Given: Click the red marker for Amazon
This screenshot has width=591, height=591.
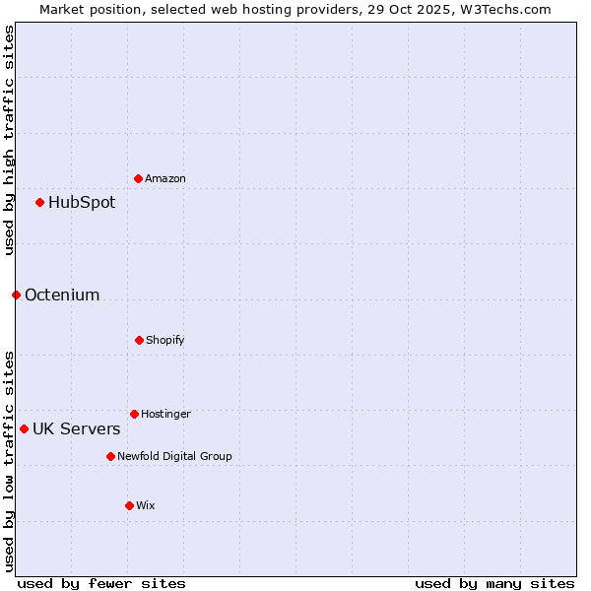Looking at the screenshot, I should [x=139, y=178].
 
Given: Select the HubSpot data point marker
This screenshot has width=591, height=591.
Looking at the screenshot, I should [x=40, y=202].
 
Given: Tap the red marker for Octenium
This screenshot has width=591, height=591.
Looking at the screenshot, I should [x=16, y=295].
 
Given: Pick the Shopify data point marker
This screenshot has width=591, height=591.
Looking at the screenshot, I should [x=139, y=340].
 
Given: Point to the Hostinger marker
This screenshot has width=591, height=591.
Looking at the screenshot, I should [x=134, y=414].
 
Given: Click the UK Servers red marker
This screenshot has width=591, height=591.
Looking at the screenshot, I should [x=24, y=428].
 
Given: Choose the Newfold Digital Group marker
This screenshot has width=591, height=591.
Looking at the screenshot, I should [x=110, y=456].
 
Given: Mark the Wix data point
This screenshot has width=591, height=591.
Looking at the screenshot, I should [x=129, y=505].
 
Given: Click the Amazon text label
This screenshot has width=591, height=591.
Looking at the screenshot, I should [x=165, y=178].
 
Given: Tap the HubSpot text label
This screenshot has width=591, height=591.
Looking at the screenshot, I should [x=82, y=203].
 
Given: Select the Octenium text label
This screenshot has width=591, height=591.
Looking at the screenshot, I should [x=62, y=295].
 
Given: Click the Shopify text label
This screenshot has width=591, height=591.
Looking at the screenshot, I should [x=165, y=340].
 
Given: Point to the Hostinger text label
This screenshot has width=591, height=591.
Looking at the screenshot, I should [x=165, y=414].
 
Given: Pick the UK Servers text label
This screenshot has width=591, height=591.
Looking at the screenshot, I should [x=77, y=428].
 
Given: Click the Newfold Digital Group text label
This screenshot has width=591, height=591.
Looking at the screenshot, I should [x=174, y=456].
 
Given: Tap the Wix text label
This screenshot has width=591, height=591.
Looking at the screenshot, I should [x=146, y=505].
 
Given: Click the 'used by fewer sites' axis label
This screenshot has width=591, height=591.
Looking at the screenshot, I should [x=101, y=584].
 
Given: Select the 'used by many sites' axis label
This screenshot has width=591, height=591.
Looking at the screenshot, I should [x=494, y=584].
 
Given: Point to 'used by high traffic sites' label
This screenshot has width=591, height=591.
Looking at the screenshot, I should [x=9, y=140].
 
